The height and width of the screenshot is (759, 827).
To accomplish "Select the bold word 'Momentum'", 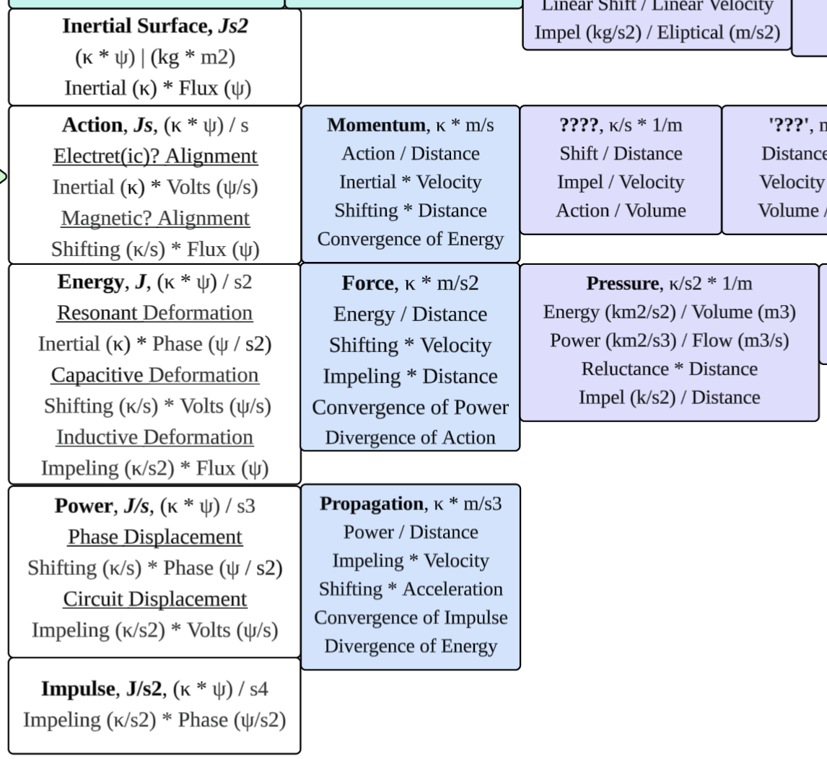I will coord(375,126).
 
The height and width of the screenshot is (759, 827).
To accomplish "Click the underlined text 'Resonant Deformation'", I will coord(154,313).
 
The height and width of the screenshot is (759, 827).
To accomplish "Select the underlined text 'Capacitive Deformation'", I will coord(154,375).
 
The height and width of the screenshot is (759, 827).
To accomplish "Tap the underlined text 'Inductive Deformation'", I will coord(154,437).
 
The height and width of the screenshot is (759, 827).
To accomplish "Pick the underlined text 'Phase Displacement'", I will coord(154,537).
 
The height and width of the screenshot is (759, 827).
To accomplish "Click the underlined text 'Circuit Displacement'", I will coord(154,599).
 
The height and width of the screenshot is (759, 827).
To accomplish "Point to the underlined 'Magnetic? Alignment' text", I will coord(154,218).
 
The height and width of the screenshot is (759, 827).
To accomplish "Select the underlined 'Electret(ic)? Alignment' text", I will coord(154,156).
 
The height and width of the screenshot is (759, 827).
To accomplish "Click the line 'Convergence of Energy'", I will coord(410,239).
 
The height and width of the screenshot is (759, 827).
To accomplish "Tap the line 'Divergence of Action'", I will coord(410,437).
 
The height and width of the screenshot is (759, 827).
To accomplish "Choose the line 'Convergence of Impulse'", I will coord(410,618).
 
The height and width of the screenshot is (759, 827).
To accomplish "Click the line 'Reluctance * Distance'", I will coord(669,369).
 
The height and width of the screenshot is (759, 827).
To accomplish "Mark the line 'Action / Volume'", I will coord(621,211).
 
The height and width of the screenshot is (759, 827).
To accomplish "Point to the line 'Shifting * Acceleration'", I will coord(410,589).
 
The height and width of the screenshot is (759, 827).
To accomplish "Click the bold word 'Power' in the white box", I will coord(81,506).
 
